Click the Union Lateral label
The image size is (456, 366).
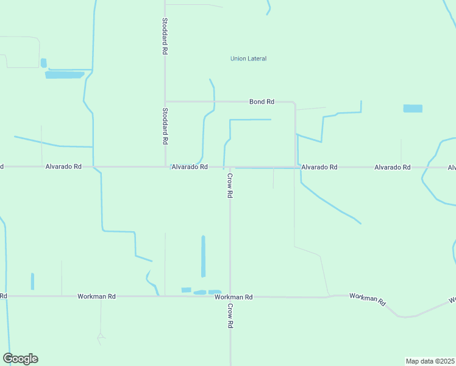point(248,59)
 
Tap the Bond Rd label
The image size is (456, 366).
point(262,101)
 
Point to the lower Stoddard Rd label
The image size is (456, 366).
point(165,126)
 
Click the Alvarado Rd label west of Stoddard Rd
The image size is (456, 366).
point(63,167)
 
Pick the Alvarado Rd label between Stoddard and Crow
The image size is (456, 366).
point(190,167)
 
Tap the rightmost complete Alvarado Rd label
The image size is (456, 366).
point(393,167)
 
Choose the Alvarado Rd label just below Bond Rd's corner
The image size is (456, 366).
point(319,167)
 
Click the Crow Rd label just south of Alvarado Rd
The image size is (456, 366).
point(230,185)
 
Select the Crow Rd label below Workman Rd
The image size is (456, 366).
point(230,316)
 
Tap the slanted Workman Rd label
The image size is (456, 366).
point(368,299)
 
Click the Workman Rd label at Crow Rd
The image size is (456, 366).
point(233,296)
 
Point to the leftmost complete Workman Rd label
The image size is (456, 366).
point(96,296)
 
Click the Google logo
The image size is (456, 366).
point(20,359)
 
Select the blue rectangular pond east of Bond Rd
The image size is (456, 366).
point(413,109)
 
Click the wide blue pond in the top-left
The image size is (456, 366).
point(65,75)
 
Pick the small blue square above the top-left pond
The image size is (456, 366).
point(43,62)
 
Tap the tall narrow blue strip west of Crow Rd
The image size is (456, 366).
point(203,256)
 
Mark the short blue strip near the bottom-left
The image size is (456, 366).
point(32,281)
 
